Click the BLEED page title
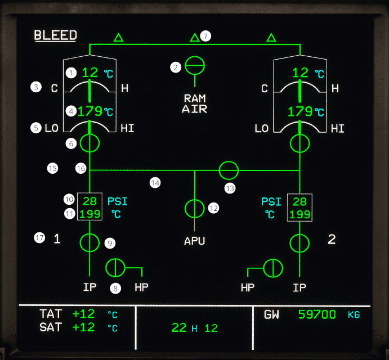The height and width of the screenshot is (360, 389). tap(55, 35)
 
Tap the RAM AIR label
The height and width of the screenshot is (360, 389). tap(195, 104)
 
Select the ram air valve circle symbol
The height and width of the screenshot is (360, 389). tap(195, 66)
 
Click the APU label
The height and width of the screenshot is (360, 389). tap(195, 241)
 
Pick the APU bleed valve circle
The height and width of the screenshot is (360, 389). tap(195, 208)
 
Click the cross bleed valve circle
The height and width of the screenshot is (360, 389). tap(229, 169)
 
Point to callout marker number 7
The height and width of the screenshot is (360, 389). tap(206, 36)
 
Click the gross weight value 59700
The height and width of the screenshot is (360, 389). tap(317, 314)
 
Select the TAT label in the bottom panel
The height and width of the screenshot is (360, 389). tap(51, 314)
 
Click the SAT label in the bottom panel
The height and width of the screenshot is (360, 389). tap(51, 327)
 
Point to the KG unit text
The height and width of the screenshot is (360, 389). tap(354, 315)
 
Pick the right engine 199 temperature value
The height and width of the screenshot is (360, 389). tap(299, 214)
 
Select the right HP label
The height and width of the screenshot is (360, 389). tap(248, 287)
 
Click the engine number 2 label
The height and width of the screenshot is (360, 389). tap(332, 240)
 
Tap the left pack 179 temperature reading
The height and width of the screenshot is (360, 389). tap(90, 111)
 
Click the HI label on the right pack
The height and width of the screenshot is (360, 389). tap(338, 128)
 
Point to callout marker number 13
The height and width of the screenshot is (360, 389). tap(230, 188)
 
